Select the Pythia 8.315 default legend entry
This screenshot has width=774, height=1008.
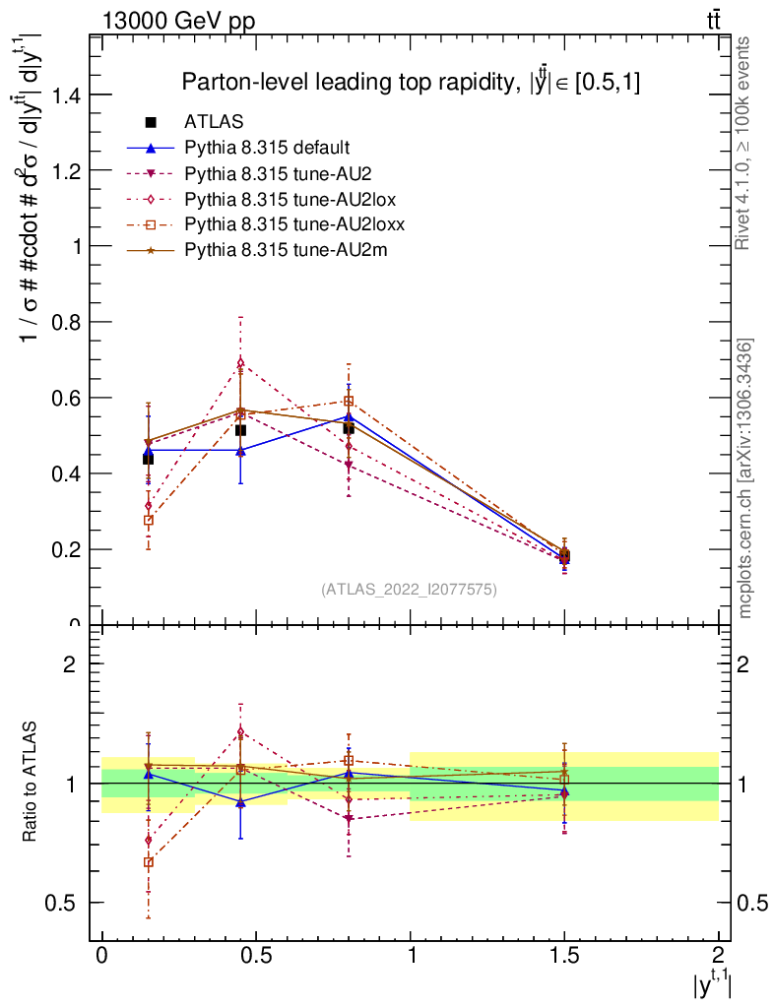[x=267, y=148]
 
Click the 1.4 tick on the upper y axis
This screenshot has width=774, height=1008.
[x=65, y=94]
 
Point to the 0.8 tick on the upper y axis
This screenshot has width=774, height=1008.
[x=65, y=322]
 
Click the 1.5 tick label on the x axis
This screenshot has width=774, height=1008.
[x=564, y=956]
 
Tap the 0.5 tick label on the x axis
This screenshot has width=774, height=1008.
[x=256, y=956]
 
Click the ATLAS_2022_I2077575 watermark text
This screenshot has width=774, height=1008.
[x=409, y=590]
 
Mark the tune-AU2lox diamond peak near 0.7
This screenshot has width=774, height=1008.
[x=239, y=362]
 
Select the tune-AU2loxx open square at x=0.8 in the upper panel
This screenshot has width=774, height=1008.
[x=349, y=401]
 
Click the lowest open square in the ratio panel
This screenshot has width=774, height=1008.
[x=149, y=862]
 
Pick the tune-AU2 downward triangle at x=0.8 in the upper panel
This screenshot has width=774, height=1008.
[x=349, y=465]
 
